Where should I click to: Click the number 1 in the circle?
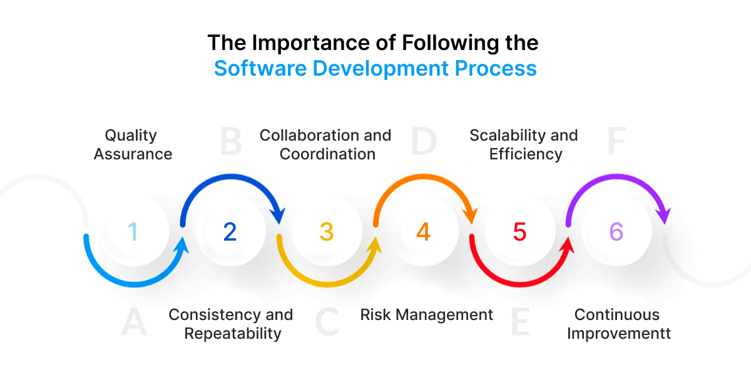tap(133, 232)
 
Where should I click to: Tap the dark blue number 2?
tap(230, 232)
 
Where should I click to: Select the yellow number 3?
tap(327, 232)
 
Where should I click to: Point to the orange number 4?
tap(424, 232)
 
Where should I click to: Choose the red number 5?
tap(520, 232)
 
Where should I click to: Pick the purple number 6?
tap(616, 232)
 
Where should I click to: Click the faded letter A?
tap(134, 322)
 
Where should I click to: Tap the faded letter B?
tap(230, 142)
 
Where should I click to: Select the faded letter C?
tap(327, 322)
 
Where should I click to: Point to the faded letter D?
tap(424, 142)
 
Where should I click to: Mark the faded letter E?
tap(520, 322)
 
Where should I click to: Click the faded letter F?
tap(616, 142)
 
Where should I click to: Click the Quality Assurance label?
tap(133, 144)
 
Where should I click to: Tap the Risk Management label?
tap(427, 314)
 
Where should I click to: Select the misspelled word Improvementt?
tap(619, 334)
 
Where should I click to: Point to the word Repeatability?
tap(232, 334)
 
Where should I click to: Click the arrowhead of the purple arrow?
tap(663, 214)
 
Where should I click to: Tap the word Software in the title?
tap(261, 67)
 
